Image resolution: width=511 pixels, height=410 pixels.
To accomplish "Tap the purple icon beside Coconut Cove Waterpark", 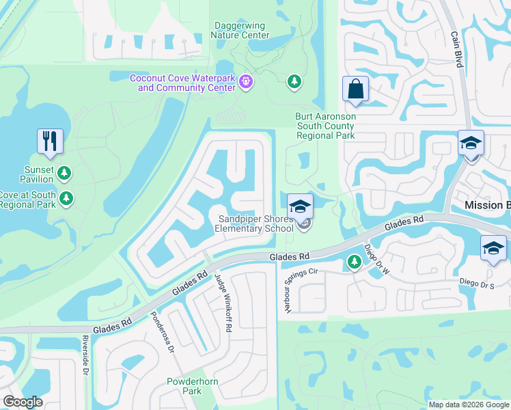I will tap(247, 83).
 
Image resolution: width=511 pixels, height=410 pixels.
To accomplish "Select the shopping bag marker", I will tap(355, 89).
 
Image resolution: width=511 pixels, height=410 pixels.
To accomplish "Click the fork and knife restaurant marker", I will tap(50, 141).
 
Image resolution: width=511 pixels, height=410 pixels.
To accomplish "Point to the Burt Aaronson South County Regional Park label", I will tap(325, 126).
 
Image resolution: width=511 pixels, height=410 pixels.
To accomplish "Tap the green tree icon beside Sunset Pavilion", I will tap(64, 172).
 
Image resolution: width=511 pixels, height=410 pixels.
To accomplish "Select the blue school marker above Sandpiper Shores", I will tap(301, 206).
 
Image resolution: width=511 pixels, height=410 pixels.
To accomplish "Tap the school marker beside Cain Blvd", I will tap(471, 143).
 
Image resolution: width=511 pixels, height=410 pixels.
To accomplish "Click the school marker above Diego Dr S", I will tap(493, 248).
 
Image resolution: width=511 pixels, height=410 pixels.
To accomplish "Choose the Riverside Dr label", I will tap(86, 355).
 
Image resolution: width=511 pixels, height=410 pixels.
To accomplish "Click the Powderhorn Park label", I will tap(184, 386).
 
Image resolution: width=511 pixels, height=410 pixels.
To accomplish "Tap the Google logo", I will tap(23, 402).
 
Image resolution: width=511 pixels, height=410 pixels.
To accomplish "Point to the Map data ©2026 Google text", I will tap(468, 405).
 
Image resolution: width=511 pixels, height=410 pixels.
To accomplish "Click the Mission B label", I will tap(487, 206).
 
